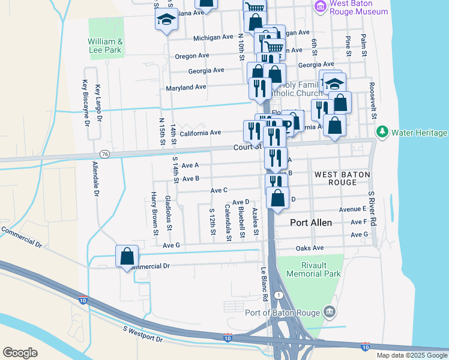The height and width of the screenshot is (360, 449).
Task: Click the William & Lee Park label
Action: pyautogui.click(x=105, y=46)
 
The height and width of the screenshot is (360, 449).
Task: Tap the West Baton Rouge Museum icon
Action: pyautogui.click(x=321, y=7)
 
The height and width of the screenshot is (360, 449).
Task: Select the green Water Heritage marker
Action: pyautogui.click(x=381, y=131)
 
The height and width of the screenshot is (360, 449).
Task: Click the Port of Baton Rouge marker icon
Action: pyautogui.click(x=329, y=311)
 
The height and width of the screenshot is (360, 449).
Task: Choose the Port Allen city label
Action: pyautogui.click(x=311, y=222)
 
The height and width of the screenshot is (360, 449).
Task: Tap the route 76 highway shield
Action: pyautogui.click(x=105, y=154)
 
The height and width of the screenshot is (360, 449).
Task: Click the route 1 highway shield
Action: pyautogui.click(x=279, y=295)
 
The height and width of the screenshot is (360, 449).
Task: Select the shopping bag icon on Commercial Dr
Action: pyautogui.click(x=127, y=256)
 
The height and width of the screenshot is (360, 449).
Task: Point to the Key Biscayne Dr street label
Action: pyautogui.click(x=86, y=103)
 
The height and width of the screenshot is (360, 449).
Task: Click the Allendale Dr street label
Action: pyautogui.click(x=95, y=179)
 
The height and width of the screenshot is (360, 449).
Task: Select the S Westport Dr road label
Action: pyautogui.click(x=142, y=334)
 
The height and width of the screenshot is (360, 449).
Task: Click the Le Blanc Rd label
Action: pyautogui.click(x=264, y=284)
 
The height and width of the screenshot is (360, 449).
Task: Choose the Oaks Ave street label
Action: pyautogui.click(x=309, y=248)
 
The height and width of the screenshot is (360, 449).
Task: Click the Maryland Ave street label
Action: pyautogui.click(x=186, y=87)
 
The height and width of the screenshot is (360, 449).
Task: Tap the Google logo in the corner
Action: pyautogui.click(x=20, y=353)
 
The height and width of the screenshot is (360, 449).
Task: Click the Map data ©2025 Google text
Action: pyautogui.click(x=411, y=355)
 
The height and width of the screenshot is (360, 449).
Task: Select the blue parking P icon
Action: pyautogui.click(x=286, y=125)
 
